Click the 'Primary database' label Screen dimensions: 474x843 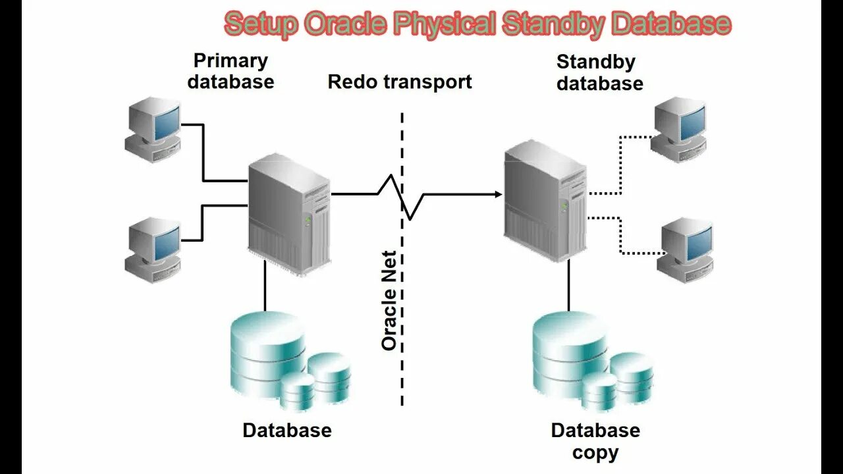(231, 71)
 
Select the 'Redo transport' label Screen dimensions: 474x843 (400, 82)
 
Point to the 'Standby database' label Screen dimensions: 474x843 (599, 72)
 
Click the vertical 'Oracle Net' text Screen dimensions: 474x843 (389, 300)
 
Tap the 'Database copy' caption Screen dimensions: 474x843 (595, 441)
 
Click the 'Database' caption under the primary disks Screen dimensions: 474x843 (287, 431)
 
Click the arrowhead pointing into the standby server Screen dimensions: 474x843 (497, 194)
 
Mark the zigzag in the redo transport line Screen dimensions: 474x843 (402, 196)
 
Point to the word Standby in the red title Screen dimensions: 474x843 (551, 24)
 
